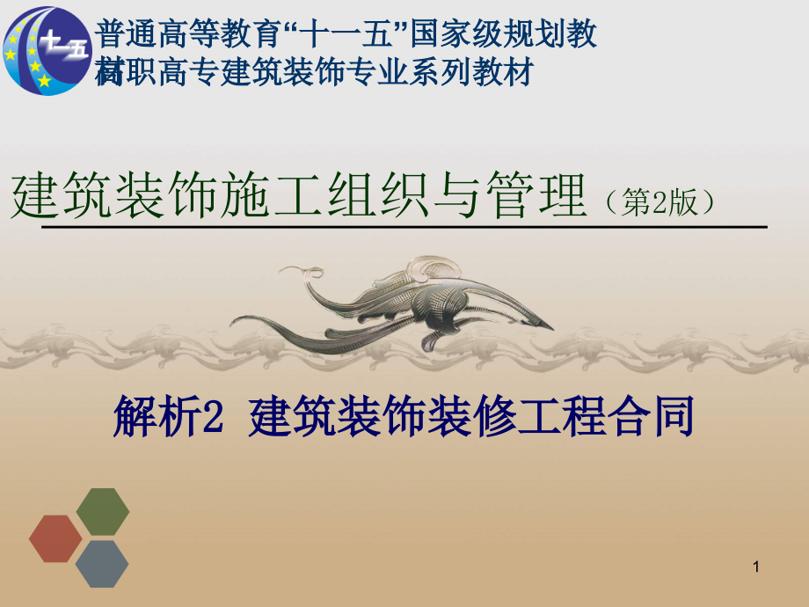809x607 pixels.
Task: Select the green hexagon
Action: pyautogui.click(x=103, y=511)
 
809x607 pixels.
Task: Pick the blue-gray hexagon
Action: pyautogui.click(x=102, y=564)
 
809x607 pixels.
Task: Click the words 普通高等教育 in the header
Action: pyautogui.click(x=186, y=34)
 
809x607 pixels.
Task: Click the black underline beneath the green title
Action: pyautogui.click(x=404, y=226)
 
